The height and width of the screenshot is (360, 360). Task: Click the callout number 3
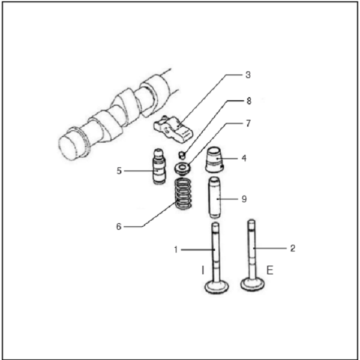coord(248,75)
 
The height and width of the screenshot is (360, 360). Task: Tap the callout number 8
coord(248,101)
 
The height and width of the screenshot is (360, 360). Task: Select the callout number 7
coord(248,124)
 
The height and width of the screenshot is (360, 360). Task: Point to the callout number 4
coord(244,158)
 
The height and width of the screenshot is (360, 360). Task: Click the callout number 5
coord(119,171)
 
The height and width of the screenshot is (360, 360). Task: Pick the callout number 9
coord(244,199)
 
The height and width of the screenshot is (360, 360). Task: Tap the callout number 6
coord(119,227)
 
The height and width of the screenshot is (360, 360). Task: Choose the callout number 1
coord(176,250)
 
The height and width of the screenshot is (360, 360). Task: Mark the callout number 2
coord(293,248)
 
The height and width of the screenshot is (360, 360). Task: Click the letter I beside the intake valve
coord(203,270)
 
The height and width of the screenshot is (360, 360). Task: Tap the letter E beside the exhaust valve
coord(270,270)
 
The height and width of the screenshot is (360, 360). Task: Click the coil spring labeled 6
coord(183,194)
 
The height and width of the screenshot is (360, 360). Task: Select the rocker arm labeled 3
coord(173,129)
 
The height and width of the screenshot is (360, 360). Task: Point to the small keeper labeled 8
coord(182,155)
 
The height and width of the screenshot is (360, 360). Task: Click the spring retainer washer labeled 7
coord(182,169)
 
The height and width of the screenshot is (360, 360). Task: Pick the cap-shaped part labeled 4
coord(214,160)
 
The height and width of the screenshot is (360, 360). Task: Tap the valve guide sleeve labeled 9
coord(214,197)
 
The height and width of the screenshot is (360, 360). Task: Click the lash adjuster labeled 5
coord(159,167)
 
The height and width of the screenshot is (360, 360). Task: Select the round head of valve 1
coord(217,287)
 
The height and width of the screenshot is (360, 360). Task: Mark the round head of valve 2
coord(253,284)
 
